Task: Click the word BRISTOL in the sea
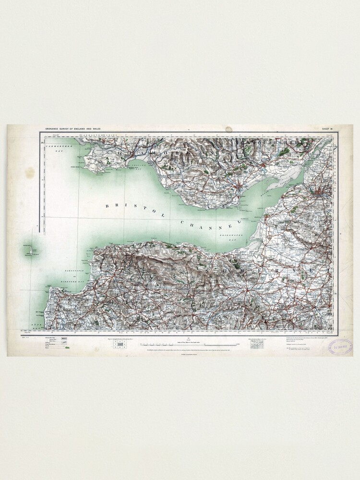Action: [x=132, y=210]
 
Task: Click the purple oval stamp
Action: [x=340, y=346]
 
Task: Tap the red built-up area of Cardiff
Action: [x=264, y=168]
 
